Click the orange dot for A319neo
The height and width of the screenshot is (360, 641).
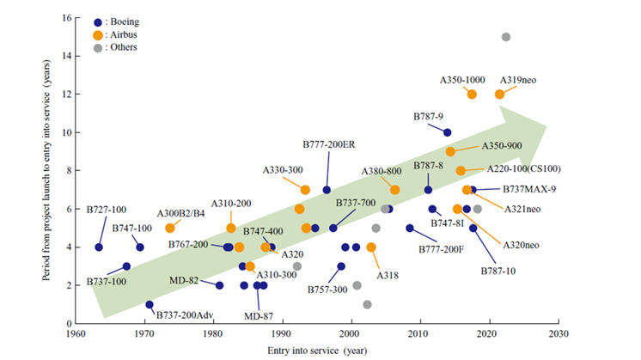[x=499, y=94]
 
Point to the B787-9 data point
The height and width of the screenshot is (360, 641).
[x=447, y=132]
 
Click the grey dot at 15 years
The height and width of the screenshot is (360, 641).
[x=505, y=37]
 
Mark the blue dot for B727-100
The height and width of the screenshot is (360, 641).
[x=99, y=247]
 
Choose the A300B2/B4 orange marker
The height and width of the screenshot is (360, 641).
[x=170, y=228]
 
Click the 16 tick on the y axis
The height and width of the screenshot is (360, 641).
[x=65, y=17]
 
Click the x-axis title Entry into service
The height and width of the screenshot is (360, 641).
[x=316, y=350]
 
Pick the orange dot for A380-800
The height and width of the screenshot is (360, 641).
[x=394, y=190]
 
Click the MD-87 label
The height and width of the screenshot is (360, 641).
[x=258, y=316]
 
